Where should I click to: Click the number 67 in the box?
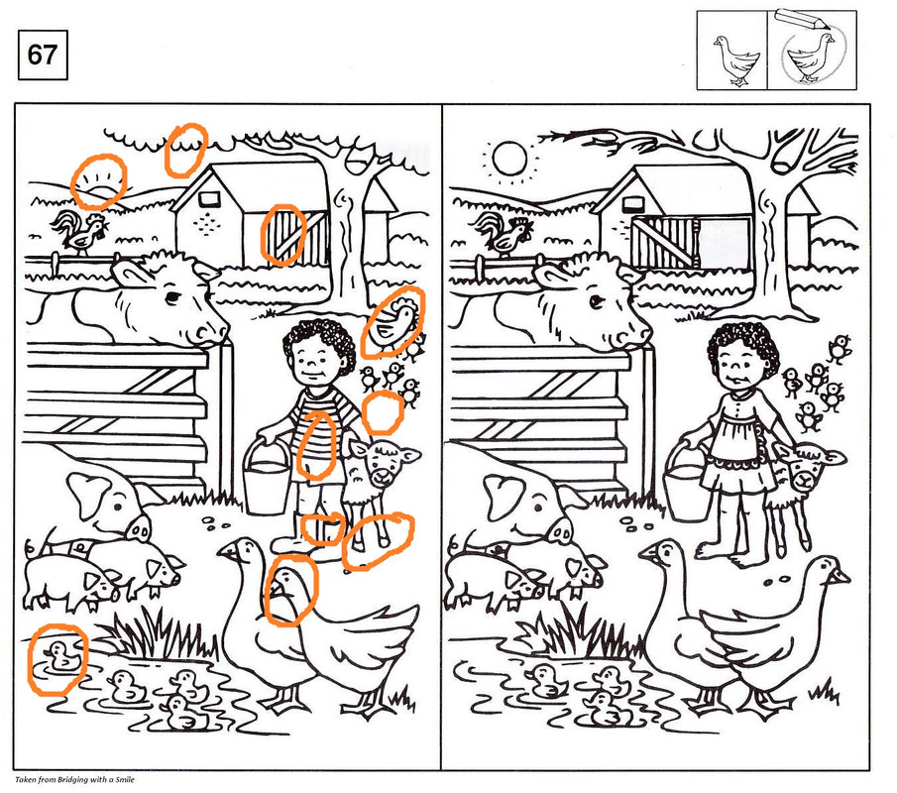pos(43,55)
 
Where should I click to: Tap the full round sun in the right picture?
pos(509,158)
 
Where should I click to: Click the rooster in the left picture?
pos(79,231)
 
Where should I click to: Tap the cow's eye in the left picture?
pos(172,297)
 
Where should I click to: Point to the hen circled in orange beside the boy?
pos(392,324)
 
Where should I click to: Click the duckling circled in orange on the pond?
pos(59,655)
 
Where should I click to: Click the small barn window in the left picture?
pos(209,199)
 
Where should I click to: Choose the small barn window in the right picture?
pos(632,203)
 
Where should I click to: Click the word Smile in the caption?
pos(125,779)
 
